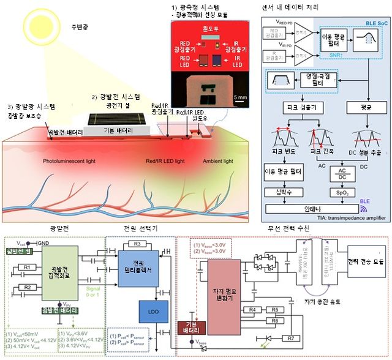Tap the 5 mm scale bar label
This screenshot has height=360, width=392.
238,96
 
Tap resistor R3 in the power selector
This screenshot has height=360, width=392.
137,244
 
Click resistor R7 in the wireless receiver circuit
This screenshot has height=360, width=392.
292,338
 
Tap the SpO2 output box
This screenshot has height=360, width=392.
339,192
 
